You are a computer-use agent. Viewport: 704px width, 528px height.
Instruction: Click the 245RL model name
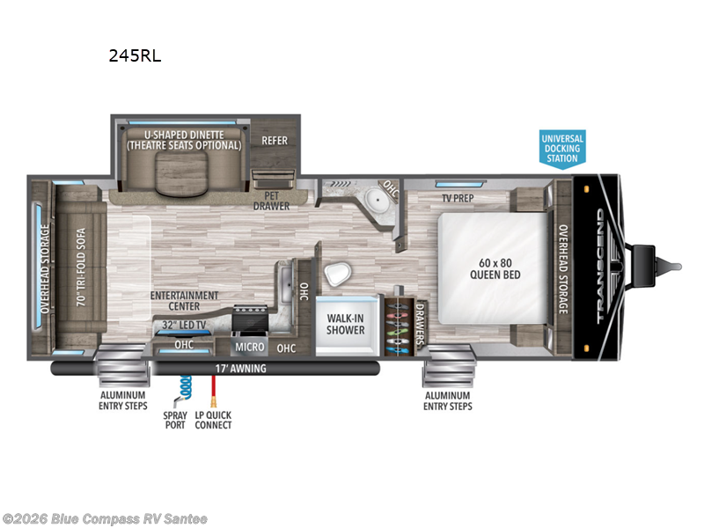[135, 56]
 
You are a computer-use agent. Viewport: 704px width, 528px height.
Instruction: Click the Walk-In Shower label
[346, 324]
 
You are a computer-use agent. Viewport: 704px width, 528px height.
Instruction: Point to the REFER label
[275, 141]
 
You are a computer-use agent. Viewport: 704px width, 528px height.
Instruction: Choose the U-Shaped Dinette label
[183, 139]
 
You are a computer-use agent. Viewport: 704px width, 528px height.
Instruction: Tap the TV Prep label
[458, 198]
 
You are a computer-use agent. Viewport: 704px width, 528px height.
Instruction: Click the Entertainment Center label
[184, 301]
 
